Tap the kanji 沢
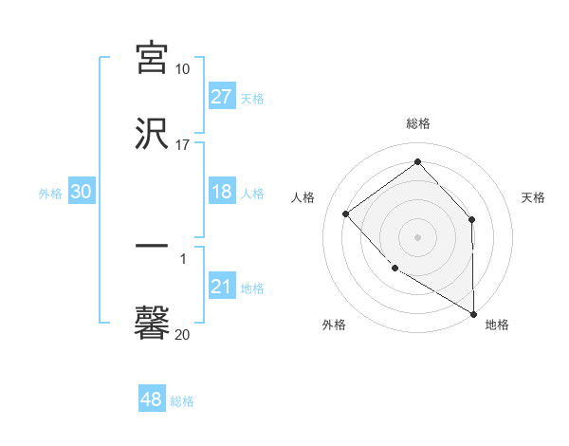pyautogui.click(x=152, y=134)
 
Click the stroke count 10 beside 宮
pyautogui.click(x=183, y=69)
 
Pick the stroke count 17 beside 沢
pyautogui.click(x=183, y=145)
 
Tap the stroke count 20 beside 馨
pyautogui.click(x=183, y=334)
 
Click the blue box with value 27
pyautogui.click(x=222, y=97)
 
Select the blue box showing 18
pyautogui.click(x=222, y=192)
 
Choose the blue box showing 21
pyautogui.click(x=222, y=287)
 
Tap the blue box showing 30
pyautogui.click(x=82, y=192)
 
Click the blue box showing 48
pyautogui.click(x=152, y=400)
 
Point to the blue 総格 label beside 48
pyautogui.click(x=183, y=401)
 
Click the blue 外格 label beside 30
pyautogui.click(x=50, y=194)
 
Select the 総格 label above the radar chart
pyautogui.click(x=418, y=124)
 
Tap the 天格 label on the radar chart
pyautogui.click(x=534, y=197)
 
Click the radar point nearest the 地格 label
pyautogui.click(x=473, y=313)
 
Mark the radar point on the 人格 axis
pyautogui.click(x=346, y=214)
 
